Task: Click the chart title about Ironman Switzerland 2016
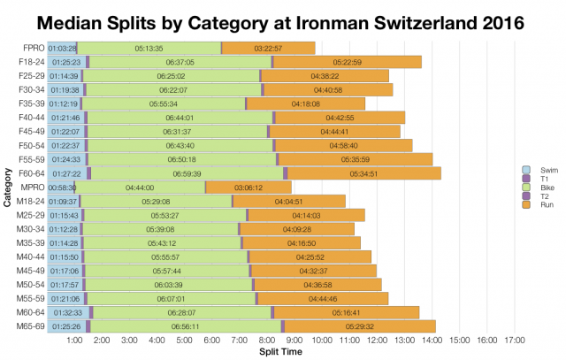283,19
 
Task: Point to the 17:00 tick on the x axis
515,340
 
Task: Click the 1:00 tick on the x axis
75,340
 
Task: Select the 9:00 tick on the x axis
294,340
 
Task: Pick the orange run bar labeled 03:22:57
268,48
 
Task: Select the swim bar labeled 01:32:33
67,312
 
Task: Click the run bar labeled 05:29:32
359,326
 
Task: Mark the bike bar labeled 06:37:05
180,62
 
